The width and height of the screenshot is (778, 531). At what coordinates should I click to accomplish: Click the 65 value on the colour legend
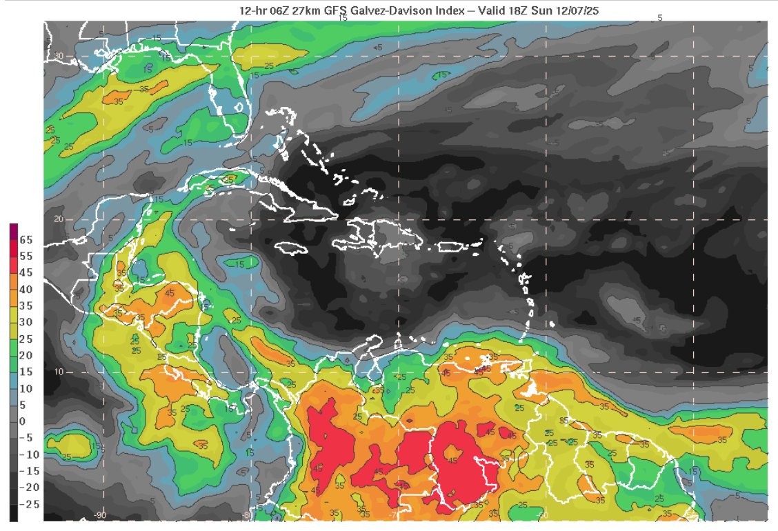point(27,240)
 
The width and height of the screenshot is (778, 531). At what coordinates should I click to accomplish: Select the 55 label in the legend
point(27,256)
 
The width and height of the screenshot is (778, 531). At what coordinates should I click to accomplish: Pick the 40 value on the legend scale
point(27,289)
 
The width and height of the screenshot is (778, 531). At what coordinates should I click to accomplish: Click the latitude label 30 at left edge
point(59,57)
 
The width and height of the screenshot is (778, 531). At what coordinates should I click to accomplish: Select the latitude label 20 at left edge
point(59,219)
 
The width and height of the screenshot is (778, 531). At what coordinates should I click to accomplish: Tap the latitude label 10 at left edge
point(59,372)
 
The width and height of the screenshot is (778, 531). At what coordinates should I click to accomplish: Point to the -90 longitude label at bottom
point(100,515)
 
